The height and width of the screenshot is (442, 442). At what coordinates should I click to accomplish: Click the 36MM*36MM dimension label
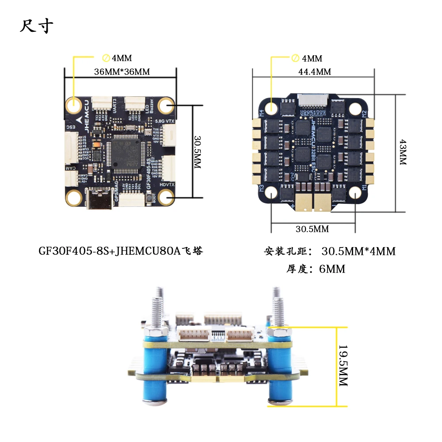click(122, 72)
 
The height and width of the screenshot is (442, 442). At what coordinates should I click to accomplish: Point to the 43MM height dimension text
click(402, 152)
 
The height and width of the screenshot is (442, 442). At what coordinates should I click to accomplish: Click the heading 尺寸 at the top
click(37, 26)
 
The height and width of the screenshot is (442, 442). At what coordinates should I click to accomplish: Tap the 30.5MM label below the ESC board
click(312, 229)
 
